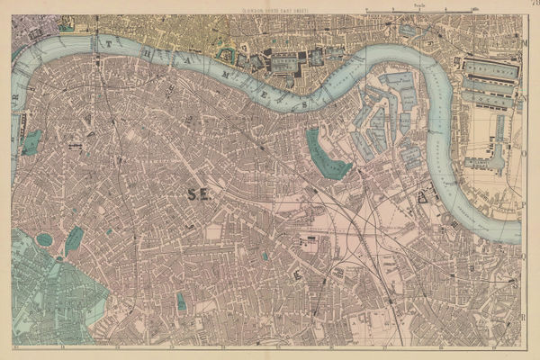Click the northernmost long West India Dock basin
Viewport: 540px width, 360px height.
491,67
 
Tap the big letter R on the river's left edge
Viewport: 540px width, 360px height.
15,101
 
